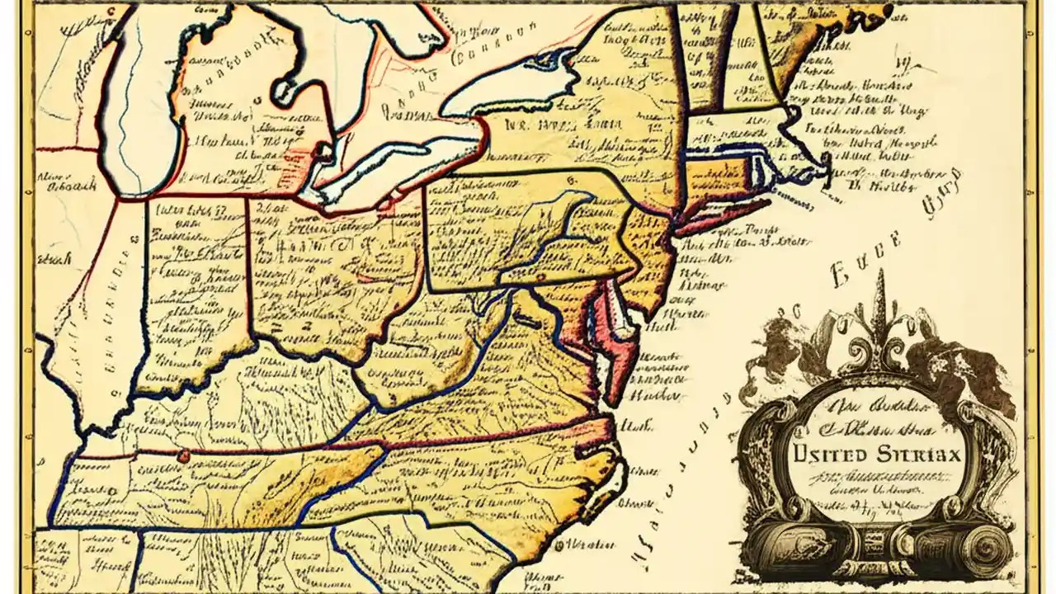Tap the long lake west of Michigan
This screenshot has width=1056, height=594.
click(x=136, y=107)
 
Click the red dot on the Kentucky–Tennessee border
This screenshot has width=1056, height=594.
click(x=182, y=455)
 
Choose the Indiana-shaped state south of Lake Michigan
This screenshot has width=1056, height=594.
click(x=194, y=289)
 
